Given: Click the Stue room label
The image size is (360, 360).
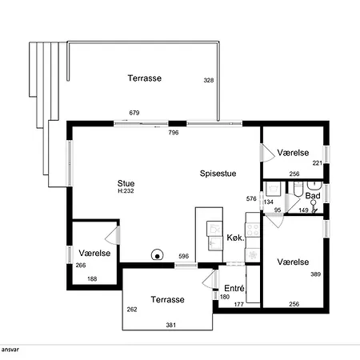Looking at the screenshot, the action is [x=126, y=183].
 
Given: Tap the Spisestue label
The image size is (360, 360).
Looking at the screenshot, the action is [x=218, y=174].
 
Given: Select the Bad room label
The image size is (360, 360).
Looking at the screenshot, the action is [x=313, y=196].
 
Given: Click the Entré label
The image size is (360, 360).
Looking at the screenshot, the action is [x=234, y=288].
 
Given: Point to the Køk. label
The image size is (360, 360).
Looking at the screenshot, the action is [x=235, y=238].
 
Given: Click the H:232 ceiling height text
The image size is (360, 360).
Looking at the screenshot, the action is [x=126, y=191].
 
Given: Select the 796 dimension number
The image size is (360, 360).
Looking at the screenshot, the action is [x=174, y=133].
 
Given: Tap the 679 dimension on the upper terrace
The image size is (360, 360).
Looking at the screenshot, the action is [x=134, y=113].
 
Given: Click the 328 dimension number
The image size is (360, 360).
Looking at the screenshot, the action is [x=209, y=80].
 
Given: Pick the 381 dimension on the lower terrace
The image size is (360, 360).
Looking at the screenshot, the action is [x=171, y=325].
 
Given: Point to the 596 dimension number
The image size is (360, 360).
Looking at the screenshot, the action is [x=183, y=256].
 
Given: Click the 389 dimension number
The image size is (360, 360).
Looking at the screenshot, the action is [x=315, y=274].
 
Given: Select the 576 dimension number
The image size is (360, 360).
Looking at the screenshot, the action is [x=251, y=198].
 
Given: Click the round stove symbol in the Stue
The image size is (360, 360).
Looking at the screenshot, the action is [x=157, y=255].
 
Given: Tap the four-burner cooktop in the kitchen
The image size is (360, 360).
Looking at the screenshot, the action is [x=252, y=230].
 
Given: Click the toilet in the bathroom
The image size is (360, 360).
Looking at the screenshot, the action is [x=298, y=189].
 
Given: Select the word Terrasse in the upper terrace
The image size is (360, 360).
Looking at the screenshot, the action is [x=145, y=78].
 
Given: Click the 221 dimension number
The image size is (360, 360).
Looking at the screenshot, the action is [x=318, y=163].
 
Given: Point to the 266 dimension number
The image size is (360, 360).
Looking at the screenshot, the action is [x=81, y=266].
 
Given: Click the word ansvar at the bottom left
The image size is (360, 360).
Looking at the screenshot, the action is [x=10, y=350].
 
